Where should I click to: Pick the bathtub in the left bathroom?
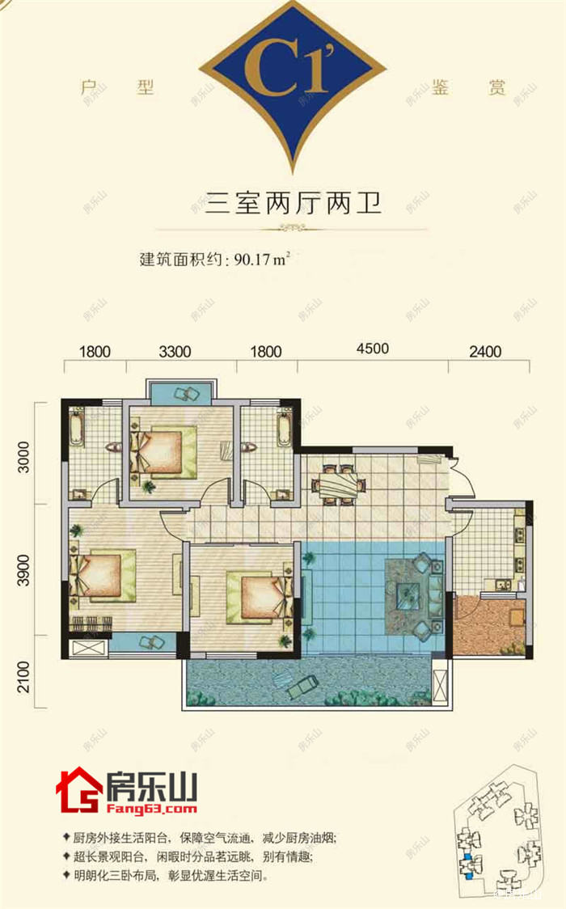coord(77,426)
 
